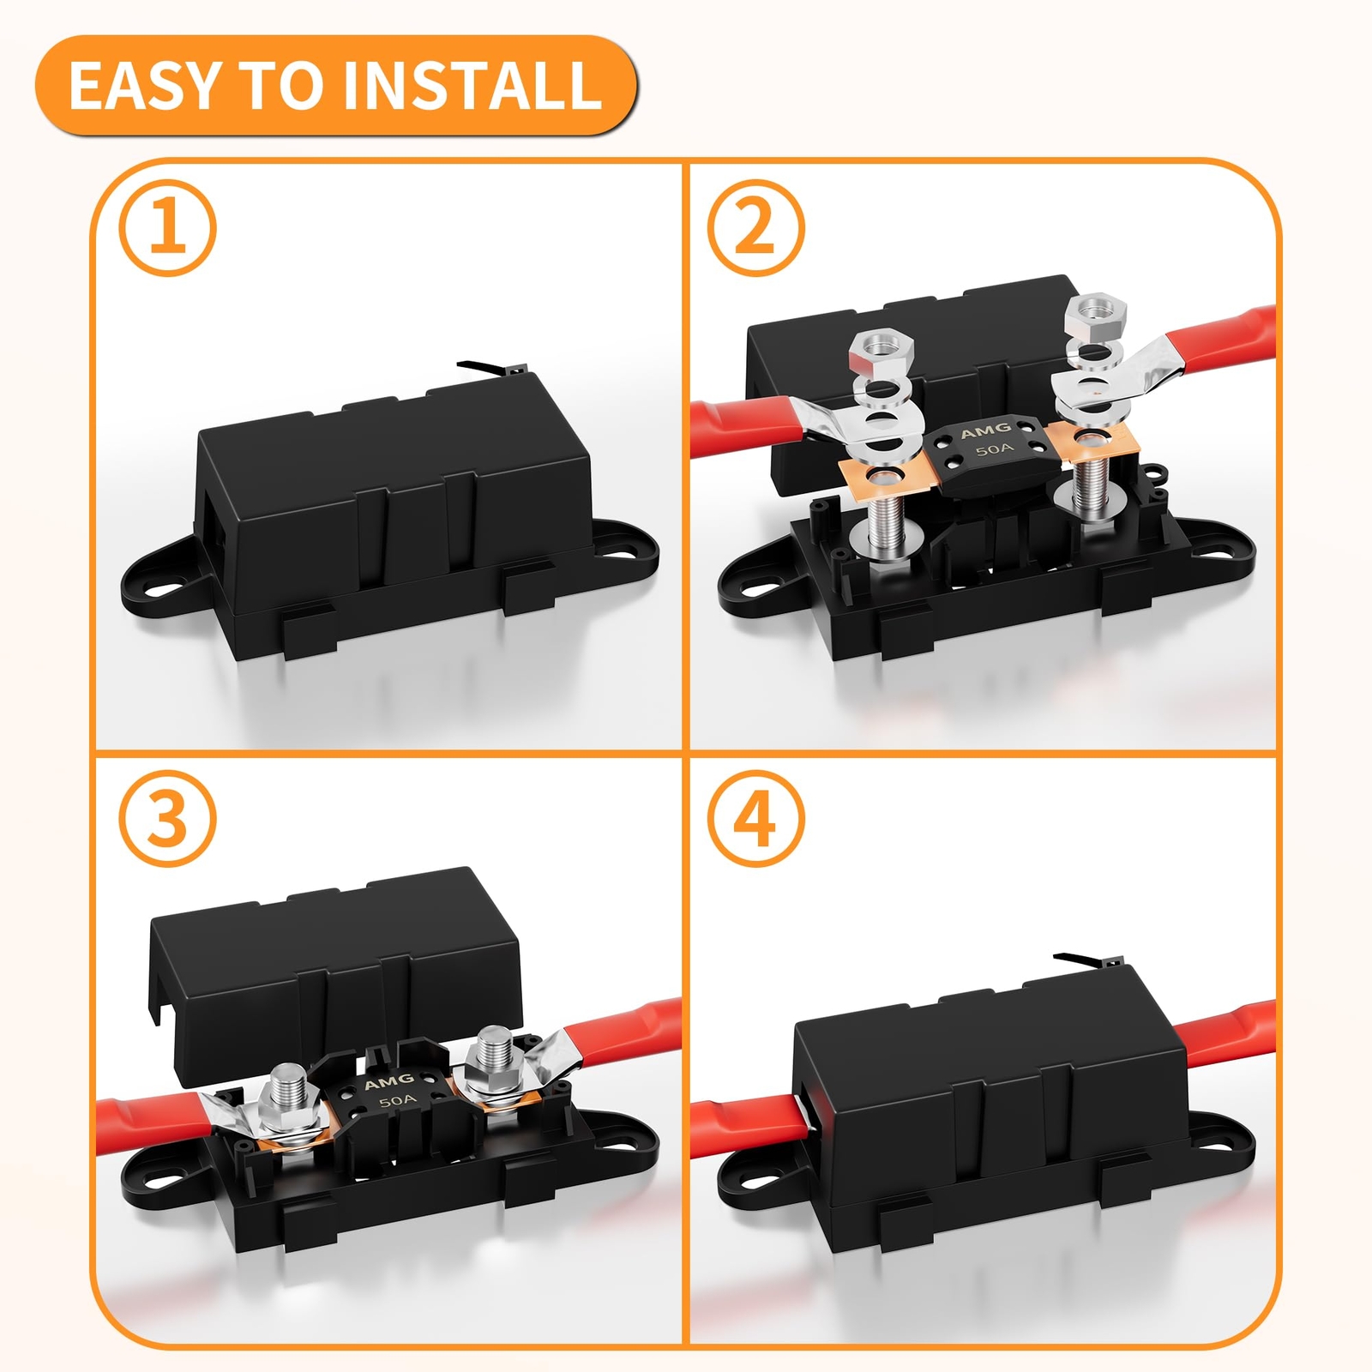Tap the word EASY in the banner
(145, 85)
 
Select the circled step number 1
(167, 227)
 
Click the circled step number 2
(755, 227)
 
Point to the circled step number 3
(167, 818)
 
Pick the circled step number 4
(755, 818)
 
